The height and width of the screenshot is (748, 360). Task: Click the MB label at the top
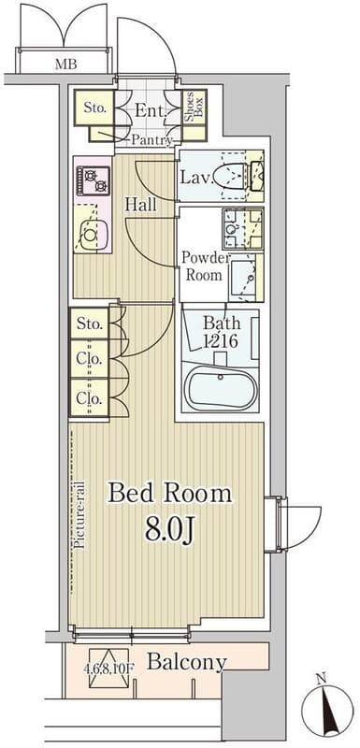point(65,64)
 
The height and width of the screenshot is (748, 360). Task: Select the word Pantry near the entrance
point(151,139)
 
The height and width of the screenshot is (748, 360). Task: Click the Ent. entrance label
point(151,110)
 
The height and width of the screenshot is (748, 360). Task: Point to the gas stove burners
point(93,180)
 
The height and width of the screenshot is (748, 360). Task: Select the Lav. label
point(194,178)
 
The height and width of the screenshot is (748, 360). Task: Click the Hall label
point(140,205)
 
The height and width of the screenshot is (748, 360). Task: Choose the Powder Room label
point(204,266)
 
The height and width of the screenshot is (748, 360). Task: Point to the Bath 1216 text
point(222,332)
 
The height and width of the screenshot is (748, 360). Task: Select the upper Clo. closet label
point(90,359)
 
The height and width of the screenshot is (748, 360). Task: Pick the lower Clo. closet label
point(90,397)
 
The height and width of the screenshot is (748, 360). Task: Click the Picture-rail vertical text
point(79,514)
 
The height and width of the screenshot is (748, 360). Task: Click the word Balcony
point(186,662)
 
